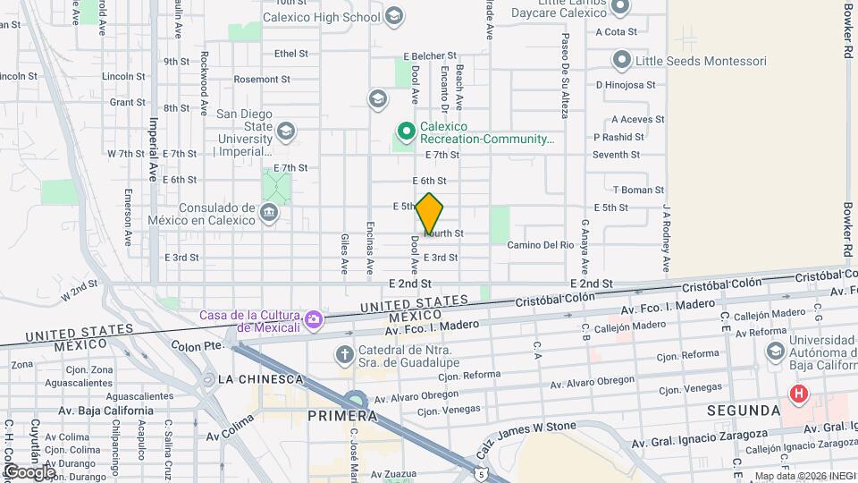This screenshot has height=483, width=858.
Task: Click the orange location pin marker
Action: point(429,213)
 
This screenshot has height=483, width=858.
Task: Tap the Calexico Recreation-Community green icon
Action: point(406,132)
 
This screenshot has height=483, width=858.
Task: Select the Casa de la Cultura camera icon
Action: point(314,319)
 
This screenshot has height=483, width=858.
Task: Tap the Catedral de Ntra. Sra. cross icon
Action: point(344,355)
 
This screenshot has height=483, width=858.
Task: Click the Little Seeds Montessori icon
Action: point(622,61)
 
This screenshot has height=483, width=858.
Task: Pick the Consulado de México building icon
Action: point(269,214)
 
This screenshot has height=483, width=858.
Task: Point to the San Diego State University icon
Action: point(285,132)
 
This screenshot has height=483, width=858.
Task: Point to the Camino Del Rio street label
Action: point(539,245)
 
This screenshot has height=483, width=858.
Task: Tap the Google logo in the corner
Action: point(29,470)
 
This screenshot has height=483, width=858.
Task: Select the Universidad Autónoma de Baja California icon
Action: point(775,350)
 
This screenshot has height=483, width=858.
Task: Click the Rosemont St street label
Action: point(262,79)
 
